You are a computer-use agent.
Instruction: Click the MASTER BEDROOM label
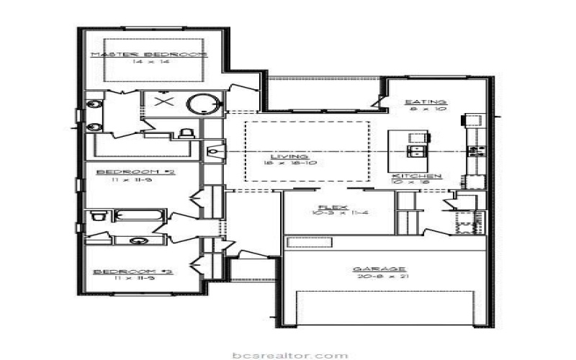click(x=148, y=55)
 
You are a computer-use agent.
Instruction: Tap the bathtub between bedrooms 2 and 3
click(x=140, y=217)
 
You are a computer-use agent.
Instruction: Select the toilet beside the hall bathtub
click(x=99, y=217)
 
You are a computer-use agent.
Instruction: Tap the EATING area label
click(x=426, y=102)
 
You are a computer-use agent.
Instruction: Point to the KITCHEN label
click(x=417, y=176)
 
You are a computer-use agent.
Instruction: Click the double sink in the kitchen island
click(x=416, y=150)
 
